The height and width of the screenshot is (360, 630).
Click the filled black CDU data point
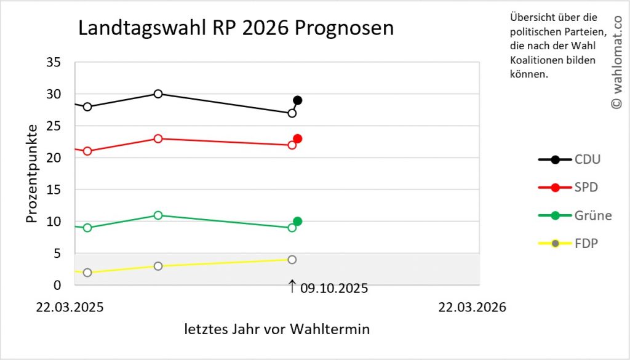coord(298,100)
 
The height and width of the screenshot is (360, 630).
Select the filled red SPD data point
coord(298,139)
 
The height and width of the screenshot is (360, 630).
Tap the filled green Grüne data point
coord(298,222)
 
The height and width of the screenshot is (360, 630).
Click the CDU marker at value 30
coord(158,94)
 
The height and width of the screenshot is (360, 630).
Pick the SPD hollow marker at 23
coord(158,138)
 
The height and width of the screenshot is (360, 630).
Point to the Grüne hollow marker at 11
coord(158,215)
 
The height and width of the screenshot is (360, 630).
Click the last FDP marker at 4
coord(292,260)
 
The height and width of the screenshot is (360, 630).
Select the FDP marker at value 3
coord(158,266)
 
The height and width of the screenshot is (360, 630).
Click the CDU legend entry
coord(570,160)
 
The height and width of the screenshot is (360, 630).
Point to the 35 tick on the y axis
coord(54,62)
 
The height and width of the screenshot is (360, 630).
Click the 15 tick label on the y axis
coord(54,190)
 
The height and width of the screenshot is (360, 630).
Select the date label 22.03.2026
coord(472,307)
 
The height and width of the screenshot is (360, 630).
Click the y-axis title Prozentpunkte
coord(31,174)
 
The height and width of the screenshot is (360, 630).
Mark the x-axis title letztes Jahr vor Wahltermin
coord(277,329)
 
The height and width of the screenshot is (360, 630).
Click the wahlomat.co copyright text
coord(616,63)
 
